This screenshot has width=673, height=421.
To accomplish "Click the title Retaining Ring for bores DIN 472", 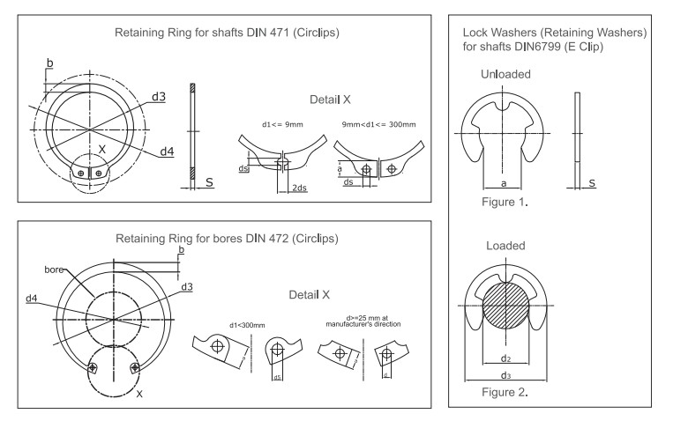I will pos(221,240).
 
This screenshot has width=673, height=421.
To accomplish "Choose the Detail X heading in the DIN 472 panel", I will pos(317,295).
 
